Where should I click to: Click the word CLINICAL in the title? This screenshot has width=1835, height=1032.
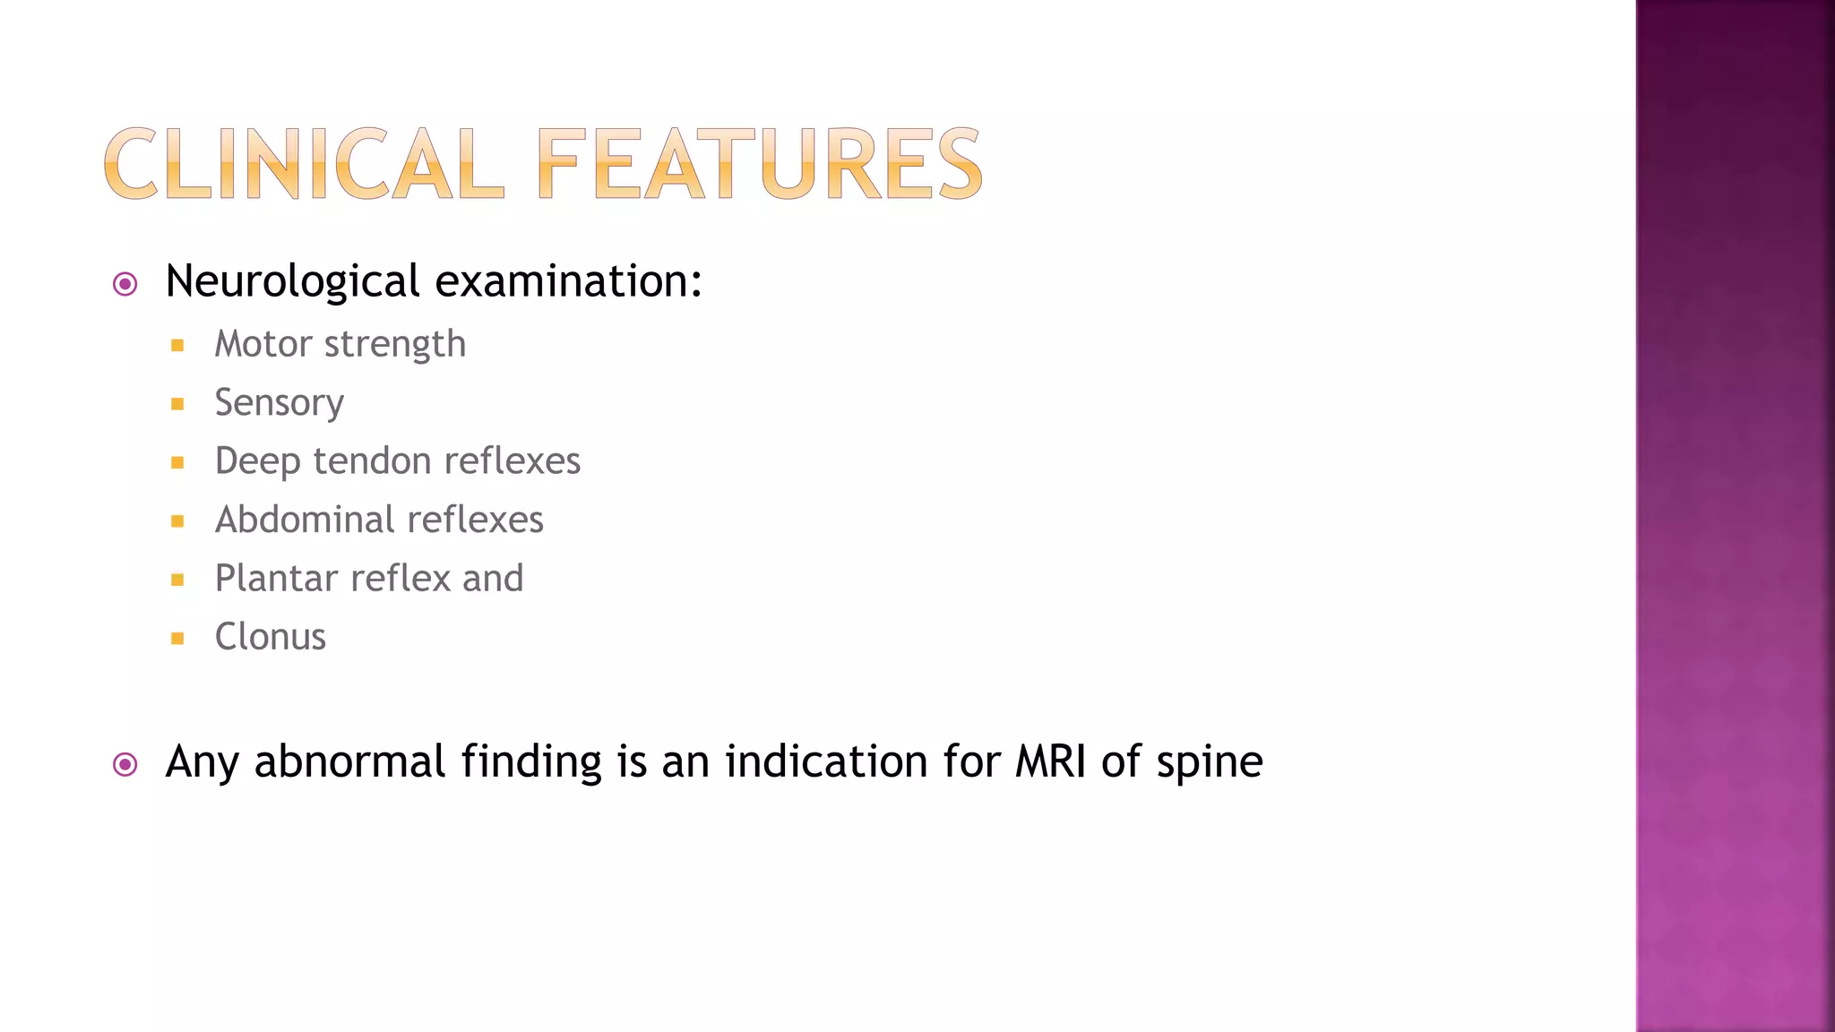304,164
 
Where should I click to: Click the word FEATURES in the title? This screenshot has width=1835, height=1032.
760,164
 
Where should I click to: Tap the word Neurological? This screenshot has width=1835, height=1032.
293,282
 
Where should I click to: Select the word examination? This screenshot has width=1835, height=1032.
568,281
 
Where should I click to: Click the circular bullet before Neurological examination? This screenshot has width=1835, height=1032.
125,285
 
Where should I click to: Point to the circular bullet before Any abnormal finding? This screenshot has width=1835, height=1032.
125,764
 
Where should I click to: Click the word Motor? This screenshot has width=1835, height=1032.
263,344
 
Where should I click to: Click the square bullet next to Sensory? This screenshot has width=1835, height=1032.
177,404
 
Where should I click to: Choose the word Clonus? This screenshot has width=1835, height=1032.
271,637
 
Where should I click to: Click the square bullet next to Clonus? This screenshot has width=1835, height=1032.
177,639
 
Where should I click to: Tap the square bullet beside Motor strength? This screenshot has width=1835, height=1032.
177,346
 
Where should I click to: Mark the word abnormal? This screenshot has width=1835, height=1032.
350,761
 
